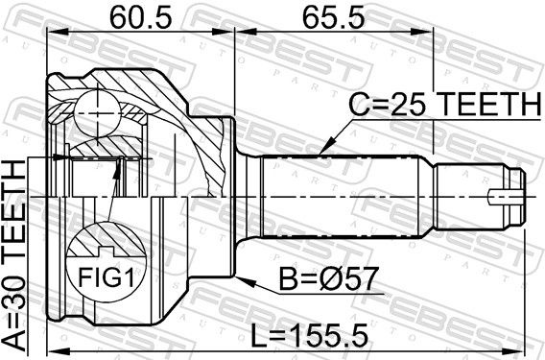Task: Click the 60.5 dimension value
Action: [x=140, y=17]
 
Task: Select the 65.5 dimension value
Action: [x=333, y=17]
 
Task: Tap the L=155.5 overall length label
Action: [x=309, y=335]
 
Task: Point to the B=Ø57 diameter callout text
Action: [x=328, y=278]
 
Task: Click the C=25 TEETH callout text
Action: [x=444, y=105]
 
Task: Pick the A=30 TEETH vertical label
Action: [x=13, y=254]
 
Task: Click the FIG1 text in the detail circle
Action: [x=106, y=277]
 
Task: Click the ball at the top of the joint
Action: [x=98, y=113]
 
